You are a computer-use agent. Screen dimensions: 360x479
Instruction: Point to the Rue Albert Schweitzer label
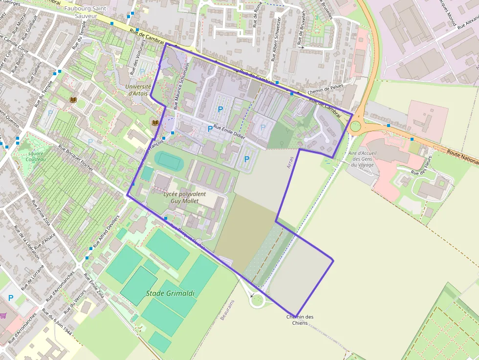tap(276, 39)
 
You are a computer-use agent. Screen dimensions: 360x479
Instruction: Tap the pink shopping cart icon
tap(3, 316)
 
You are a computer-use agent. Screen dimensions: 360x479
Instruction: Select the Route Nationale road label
tap(462, 157)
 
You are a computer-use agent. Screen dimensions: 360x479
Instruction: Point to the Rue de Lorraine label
tap(35, 279)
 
